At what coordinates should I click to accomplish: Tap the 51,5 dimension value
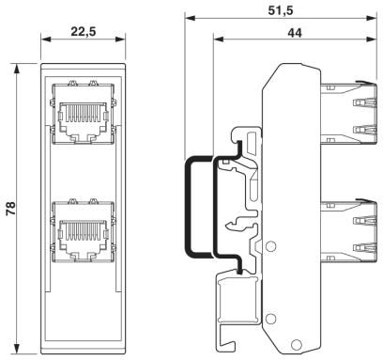coord(281,9)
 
